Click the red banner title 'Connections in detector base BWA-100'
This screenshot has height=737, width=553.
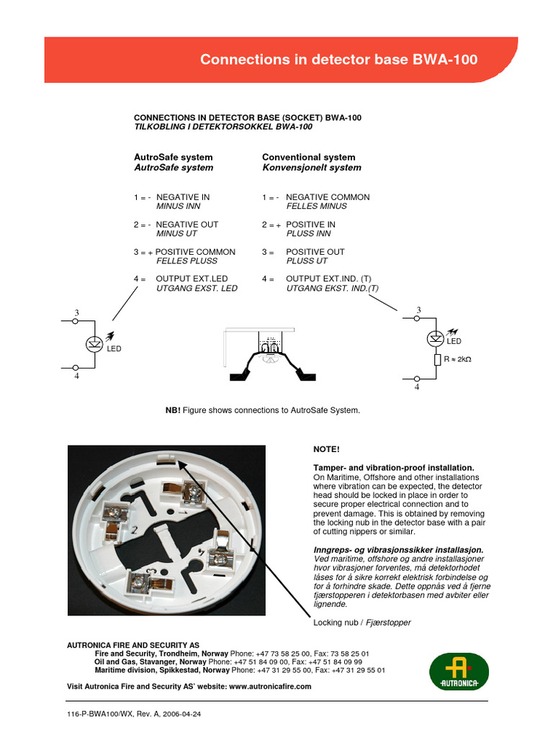(338, 60)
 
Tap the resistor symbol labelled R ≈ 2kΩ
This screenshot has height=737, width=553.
(437, 359)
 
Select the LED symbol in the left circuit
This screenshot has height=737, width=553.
(93, 344)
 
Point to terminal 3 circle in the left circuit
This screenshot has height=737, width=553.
(76, 322)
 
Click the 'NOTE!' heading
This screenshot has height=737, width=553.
(325, 449)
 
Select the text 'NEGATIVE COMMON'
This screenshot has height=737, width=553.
(328, 197)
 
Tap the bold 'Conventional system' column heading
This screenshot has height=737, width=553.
(308, 157)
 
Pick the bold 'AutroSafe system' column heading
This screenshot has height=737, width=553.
(174, 157)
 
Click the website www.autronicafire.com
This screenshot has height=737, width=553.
(270, 687)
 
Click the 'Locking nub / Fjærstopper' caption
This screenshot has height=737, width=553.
(362, 623)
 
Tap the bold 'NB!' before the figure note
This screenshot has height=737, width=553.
(173, 410)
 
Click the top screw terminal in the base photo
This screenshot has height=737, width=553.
(192, 493)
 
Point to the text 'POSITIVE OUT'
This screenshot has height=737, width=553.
(315, 252)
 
